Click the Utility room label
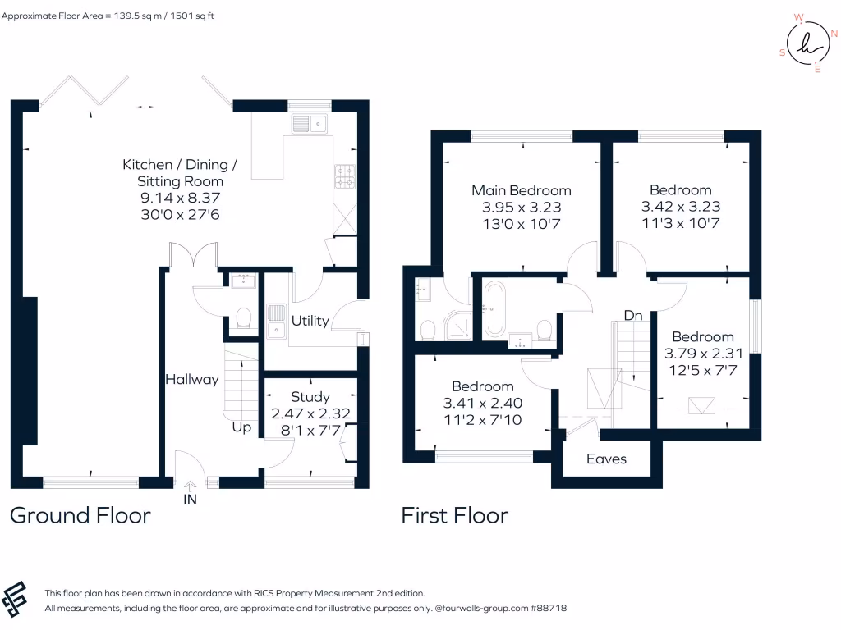(x=310, y=321)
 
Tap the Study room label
(x=310, y=397)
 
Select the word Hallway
(x=192, y=380)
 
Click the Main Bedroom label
(x=522, y=190)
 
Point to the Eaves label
(x=606, y=459)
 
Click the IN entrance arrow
(x=190, y=486)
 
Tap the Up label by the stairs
(x=241, y=427)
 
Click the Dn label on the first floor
(x=633, y=316)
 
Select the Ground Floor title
(x=80, y=515)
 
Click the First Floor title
(x=455, y=515)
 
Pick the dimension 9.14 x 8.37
(x=180, y=198)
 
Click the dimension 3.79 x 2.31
(x=703, y=354)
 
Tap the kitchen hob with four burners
(x=345, y=177)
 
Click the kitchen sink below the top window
(x=310, y=124)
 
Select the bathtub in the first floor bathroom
(x=494, y=309)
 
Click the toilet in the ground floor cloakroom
(x=243, y=317)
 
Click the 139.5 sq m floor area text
(x=137, y=16)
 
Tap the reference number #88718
(x=548, y=608)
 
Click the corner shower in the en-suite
(x=457, y=325)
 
